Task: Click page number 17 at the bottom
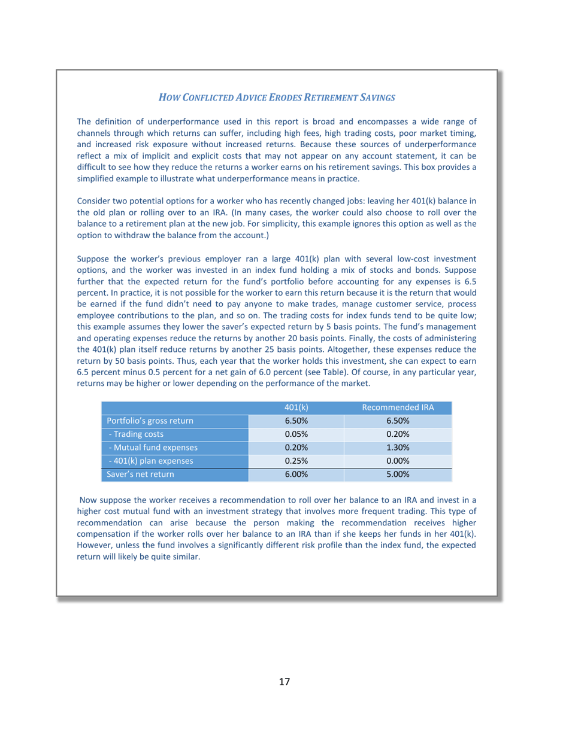pyautogui.click(x=284, y=682)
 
